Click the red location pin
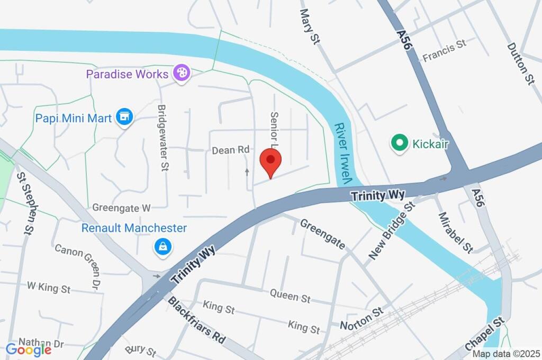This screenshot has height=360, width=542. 271,160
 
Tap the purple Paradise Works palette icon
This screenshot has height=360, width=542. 182,74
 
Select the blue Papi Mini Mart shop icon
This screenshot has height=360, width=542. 125,117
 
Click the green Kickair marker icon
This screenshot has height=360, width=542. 399,142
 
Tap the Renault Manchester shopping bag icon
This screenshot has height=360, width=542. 161,246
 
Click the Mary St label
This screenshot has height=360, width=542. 311,26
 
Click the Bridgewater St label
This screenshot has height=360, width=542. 162,137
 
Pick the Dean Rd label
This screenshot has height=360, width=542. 230,150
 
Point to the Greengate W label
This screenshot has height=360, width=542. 122,208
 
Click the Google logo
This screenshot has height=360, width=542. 29,349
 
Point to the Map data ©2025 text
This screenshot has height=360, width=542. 505,354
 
